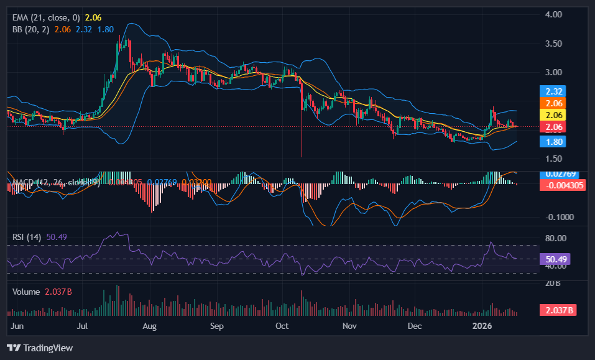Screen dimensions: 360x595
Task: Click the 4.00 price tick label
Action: click(x=553, y=14)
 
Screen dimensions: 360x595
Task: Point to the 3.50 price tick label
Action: click(x=553, y=44)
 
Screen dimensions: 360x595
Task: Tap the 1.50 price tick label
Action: click(x=553, y=159)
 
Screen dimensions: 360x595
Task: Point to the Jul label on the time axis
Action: click(x=81, y=326)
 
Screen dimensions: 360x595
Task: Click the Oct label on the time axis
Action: click(x=282, y=326)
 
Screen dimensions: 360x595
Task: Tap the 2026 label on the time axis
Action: click(x=482, y=326)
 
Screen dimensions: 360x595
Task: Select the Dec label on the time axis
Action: click(x=415, y=326)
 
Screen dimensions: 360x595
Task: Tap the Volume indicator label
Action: click(x=27, y=292)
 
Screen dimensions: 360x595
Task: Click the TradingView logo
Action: click(x=40, y=348)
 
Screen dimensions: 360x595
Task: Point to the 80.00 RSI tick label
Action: click(x=555, y=238)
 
